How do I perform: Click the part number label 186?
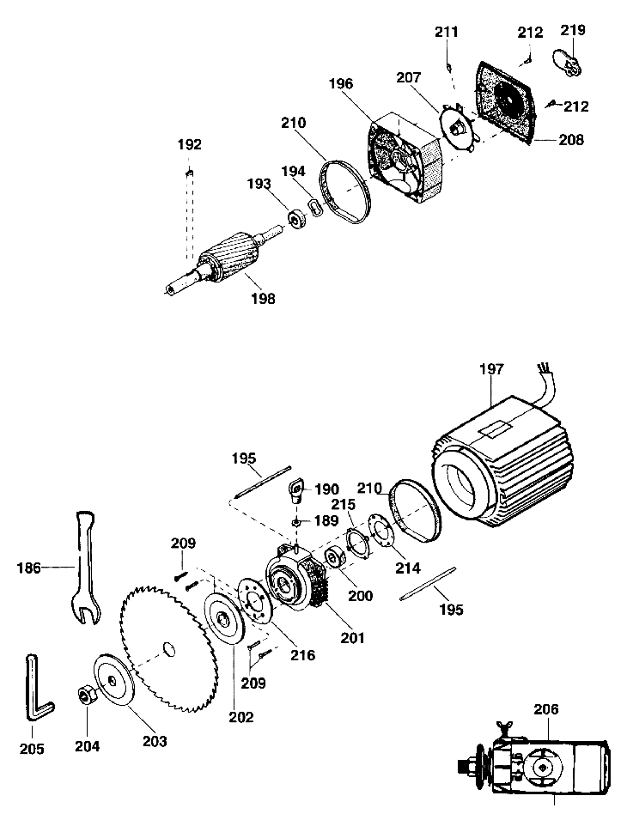pyautogui.click(x=28, y=568)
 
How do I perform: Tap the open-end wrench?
pyautogui.click(x=85, y=566)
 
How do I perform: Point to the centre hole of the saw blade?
pyautogui.click(x=168, y=649)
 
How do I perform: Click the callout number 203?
pyautogui.click(x=155, y=741)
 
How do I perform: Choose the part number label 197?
pyautogui.click(x=491, y=369)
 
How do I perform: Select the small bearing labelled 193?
pyautogui.click(x=298, y=218)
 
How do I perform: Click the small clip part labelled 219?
pyautogui.click(x=567, y=63)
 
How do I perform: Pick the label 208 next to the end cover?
pyautogui.click(x=571, y=140)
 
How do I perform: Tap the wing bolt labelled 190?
pyautogui.click(x=297, y=490)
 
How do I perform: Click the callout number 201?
pyautogui.click(x=352, y=637)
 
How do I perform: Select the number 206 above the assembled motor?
pyautogui.click(x=546, y=709)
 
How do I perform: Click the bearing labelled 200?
pyautogui.click(x=333, y=557)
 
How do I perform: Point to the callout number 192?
pyautogui.click(x=189, y=144)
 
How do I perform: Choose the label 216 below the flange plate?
pyautogui.click(x=303, y=655)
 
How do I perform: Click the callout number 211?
pyautogui.click(x=447, y=32)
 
